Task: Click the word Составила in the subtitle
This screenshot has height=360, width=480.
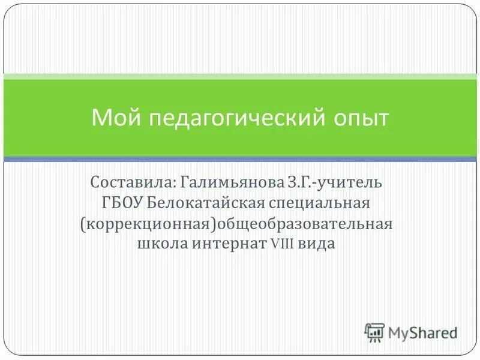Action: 130,181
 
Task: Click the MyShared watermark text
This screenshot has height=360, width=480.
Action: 422,331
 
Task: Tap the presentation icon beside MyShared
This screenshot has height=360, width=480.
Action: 374,331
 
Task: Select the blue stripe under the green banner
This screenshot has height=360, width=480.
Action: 240,159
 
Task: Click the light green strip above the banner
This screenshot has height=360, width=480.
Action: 240,77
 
